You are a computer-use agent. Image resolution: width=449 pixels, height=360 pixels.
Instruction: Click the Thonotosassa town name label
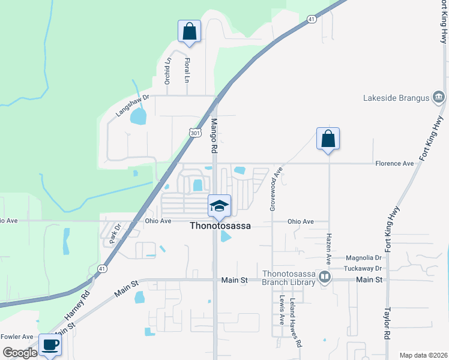pyautogui.click(x=220, y=226)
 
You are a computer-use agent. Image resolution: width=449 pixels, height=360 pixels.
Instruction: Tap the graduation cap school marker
pyautogui.click(x=219, y=206)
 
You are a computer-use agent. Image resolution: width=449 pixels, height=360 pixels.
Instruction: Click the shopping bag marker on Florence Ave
pyautogui.click(x=328, y=139)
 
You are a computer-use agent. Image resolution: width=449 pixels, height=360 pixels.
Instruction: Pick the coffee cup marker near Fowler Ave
pyautogui.click(x=50, y=345)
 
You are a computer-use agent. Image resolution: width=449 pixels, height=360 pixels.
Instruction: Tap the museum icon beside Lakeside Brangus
pyautogui.click(x=438, y=97)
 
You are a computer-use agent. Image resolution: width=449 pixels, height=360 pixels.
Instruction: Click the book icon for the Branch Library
pyautogui.click(x=325, y=277)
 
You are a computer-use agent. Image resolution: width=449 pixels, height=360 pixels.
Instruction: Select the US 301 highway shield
pyautogui.click(x=194, y=133)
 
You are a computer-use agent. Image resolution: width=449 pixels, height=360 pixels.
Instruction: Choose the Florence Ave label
pyautogui.click(x=394, y=163)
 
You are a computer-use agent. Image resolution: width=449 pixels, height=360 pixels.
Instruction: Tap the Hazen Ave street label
pyautogui.click(x=329, y=249)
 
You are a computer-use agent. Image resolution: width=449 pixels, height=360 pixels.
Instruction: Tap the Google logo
pyautogui.click(x=19, y=353)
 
